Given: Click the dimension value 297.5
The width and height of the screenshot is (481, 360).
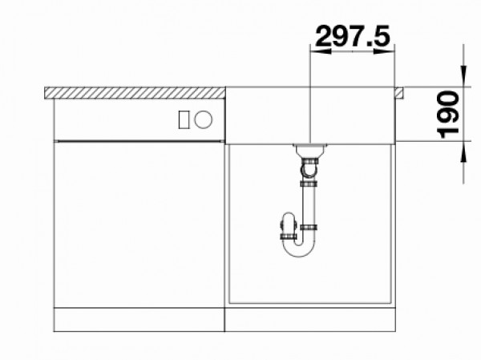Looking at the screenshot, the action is (353, 35).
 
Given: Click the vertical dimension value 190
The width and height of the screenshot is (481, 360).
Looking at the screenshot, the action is (448, 115).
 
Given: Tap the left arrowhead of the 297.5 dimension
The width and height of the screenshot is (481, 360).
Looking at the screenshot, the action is (321, 51).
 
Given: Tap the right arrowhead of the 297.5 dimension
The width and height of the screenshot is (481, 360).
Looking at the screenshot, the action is (384, 51).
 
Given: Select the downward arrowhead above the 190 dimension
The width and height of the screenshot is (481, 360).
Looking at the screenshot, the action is (463, 76).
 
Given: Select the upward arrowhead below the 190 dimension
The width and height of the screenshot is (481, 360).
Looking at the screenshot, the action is (463, 152).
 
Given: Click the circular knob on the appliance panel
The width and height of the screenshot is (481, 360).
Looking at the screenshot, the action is (203, 119).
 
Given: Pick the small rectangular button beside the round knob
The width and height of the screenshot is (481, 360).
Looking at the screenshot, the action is (184, 119).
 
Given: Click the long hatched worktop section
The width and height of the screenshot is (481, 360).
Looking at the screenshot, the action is (135, 93).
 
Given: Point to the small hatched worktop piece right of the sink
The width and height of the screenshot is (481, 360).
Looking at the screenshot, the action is (399, 93).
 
